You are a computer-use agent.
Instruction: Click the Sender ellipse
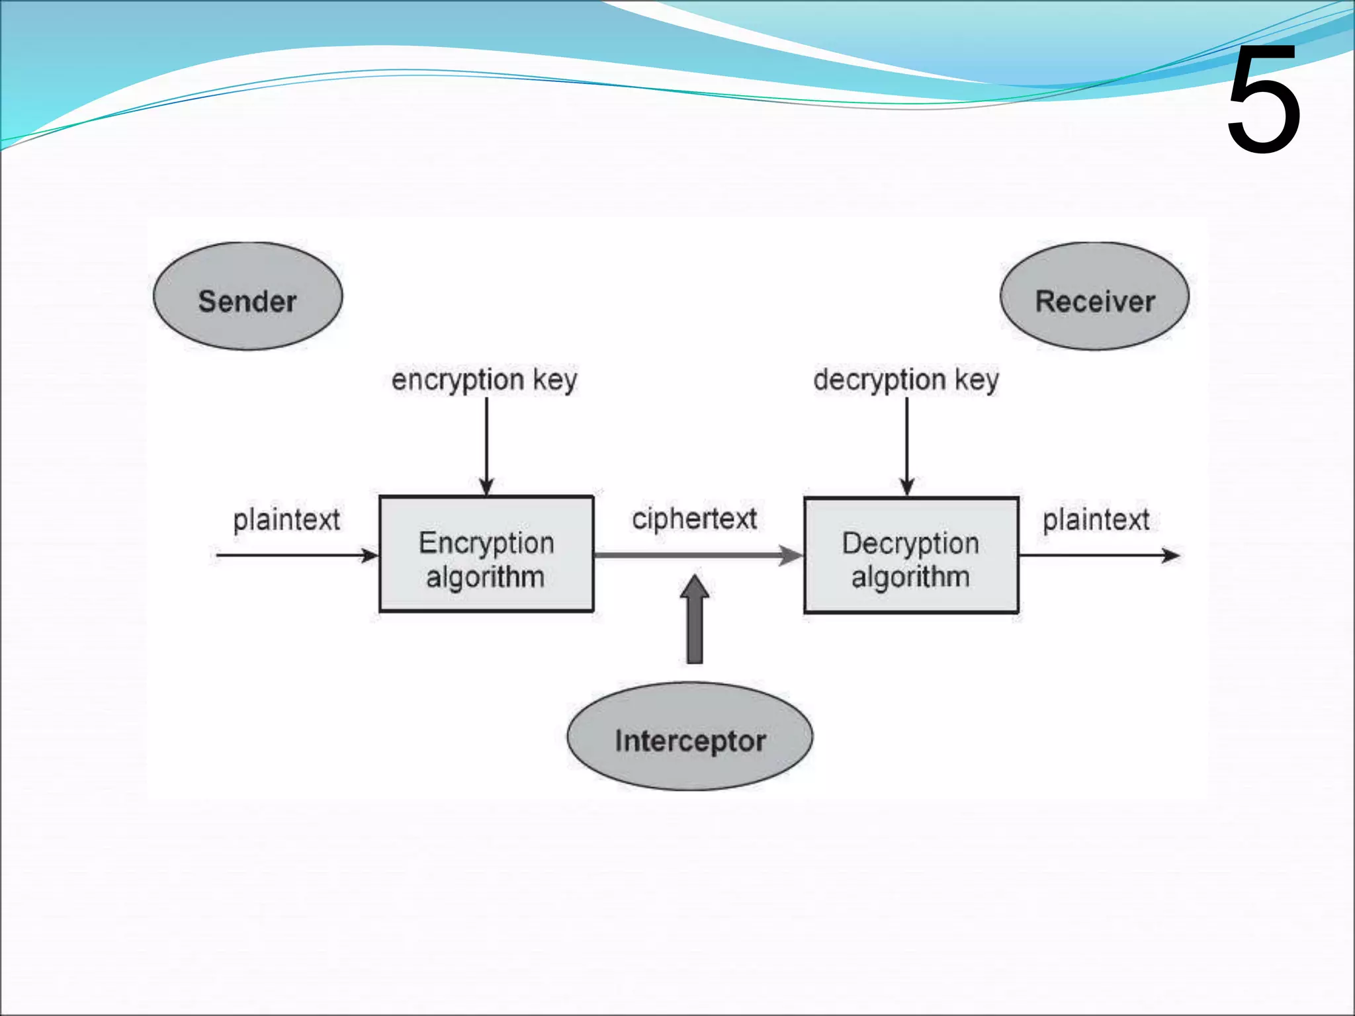coord(247,296)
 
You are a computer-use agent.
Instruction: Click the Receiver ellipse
coord(1094,296)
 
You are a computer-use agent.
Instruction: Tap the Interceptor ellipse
coord(690,736)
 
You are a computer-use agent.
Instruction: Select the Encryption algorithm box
coord(486,554)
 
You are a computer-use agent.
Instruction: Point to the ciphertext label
coord(694,519)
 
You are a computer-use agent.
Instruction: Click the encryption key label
coord(484,380)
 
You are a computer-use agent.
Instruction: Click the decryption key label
coord(906,380)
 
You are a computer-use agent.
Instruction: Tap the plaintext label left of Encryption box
coord(286,520)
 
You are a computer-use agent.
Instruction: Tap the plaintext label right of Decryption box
coord(1096,520)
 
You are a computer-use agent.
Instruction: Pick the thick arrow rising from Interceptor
coord(695,620)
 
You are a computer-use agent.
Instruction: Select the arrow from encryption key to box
coord(486,446)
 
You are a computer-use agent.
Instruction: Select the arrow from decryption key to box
coord(907,446)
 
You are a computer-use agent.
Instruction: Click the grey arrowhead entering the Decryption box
coord(790,556)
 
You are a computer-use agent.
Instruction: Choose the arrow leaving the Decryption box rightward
coord(1098,555)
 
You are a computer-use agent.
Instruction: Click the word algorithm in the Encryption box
coord(485,577)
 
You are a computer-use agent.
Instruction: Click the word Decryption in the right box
coord(910,544)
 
